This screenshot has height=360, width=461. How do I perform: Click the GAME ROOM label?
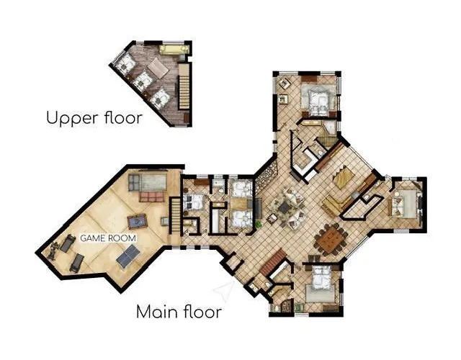tap(108, 238)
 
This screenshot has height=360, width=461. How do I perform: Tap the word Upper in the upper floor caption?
tap(73, 118)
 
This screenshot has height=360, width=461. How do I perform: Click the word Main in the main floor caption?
tap(157, 312)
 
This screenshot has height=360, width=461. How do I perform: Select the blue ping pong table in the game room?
tap(128, 256)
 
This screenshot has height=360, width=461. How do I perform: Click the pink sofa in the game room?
tap(151, 197)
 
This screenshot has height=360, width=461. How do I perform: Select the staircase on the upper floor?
tap(184, 87)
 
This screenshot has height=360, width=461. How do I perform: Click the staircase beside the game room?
tap(176, 215)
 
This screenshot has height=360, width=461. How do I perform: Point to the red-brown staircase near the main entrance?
tap(272, 262)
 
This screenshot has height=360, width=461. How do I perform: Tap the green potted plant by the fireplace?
tap(259, 225)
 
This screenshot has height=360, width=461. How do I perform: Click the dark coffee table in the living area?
tap(285, 208)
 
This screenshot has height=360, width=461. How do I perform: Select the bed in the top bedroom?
tap(318, 100)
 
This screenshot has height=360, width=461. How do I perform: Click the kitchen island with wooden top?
tap(344, 176)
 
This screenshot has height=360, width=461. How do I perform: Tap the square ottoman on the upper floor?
tap(158, 68)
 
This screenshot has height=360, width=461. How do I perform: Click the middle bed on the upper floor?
tap(143, 81)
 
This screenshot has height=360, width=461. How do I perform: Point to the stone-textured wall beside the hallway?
tap(266, 176)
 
